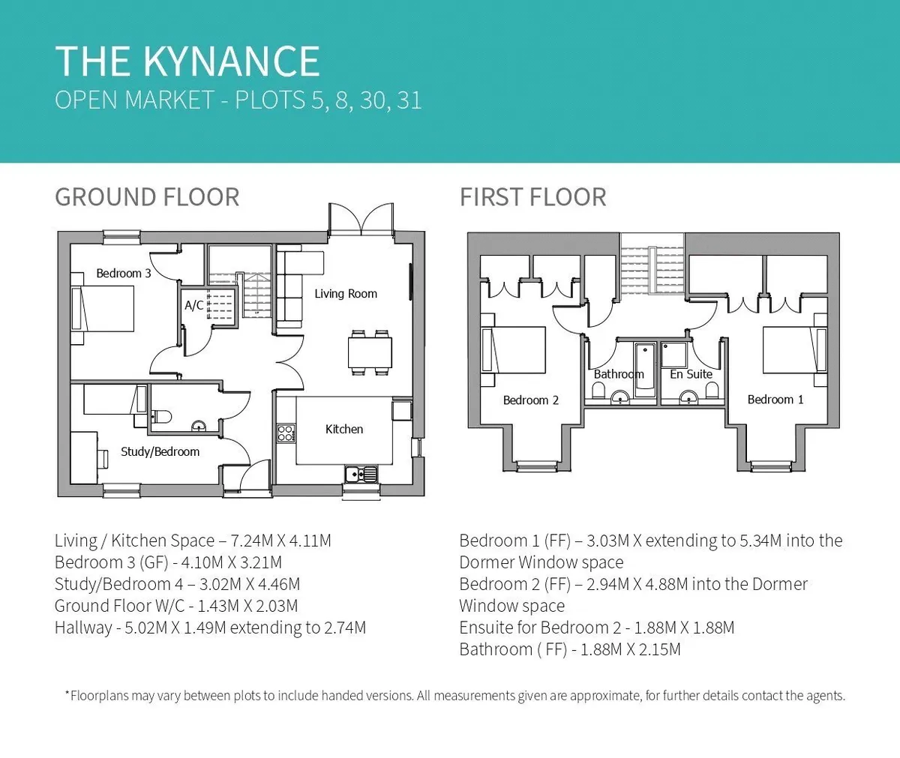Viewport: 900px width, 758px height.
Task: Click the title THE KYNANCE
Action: coord(187,61)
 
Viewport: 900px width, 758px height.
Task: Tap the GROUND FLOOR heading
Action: coord(147,197)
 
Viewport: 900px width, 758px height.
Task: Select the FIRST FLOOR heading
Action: coord(532,197)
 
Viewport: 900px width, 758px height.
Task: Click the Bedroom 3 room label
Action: coord(124,273)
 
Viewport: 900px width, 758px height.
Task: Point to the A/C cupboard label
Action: coord(194,305)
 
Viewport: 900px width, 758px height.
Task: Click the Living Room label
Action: coord(346,293)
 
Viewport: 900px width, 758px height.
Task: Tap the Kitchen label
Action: coord(344,429)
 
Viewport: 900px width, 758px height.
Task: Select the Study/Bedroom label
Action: coord(160,451)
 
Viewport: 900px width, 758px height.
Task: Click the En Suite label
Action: coord(691,374)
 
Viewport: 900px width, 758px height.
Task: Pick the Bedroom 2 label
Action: coord(530,400)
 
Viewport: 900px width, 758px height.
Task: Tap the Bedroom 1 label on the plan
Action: coord(775,400)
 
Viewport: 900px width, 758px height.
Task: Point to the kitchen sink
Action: coord(361,474)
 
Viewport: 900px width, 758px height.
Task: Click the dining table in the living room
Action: coord(370,352)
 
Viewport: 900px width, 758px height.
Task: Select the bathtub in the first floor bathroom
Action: coord(645,370)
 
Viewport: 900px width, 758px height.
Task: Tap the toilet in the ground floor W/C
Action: coord(161,417)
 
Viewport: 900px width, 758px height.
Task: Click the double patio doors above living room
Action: coord(361,219)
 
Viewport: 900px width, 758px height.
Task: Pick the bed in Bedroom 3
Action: coord(103,309)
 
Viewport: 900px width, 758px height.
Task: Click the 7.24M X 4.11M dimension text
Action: coord(281,541)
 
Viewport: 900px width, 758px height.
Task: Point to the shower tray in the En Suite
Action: coord(673,355)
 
